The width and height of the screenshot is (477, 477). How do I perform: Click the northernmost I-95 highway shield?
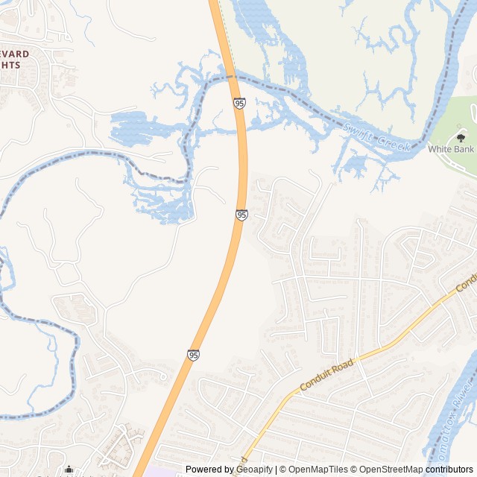click(x=239, y=103)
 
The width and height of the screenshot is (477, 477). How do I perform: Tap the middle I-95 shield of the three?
click(x=241, y=215)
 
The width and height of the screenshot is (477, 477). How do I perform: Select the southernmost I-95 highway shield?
click(x=194, y=356)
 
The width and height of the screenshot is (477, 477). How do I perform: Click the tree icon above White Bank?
click(x=461, y=137)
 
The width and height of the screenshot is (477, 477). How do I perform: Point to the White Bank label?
click(x=451, y=149)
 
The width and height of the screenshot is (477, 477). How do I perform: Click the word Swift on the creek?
click(x=356, y=130)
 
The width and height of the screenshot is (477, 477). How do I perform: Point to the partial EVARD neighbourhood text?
click(x=17, y=54)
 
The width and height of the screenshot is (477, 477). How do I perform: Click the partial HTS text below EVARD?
click(x=10, y=65)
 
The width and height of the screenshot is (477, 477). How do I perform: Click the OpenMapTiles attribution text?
click(x=318, y=470)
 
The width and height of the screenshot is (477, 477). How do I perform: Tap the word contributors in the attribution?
click(x=449, y=470)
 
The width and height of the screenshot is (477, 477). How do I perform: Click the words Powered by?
click(x=208, y=470)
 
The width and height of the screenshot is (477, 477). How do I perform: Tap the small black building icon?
click(x=69, y=470)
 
